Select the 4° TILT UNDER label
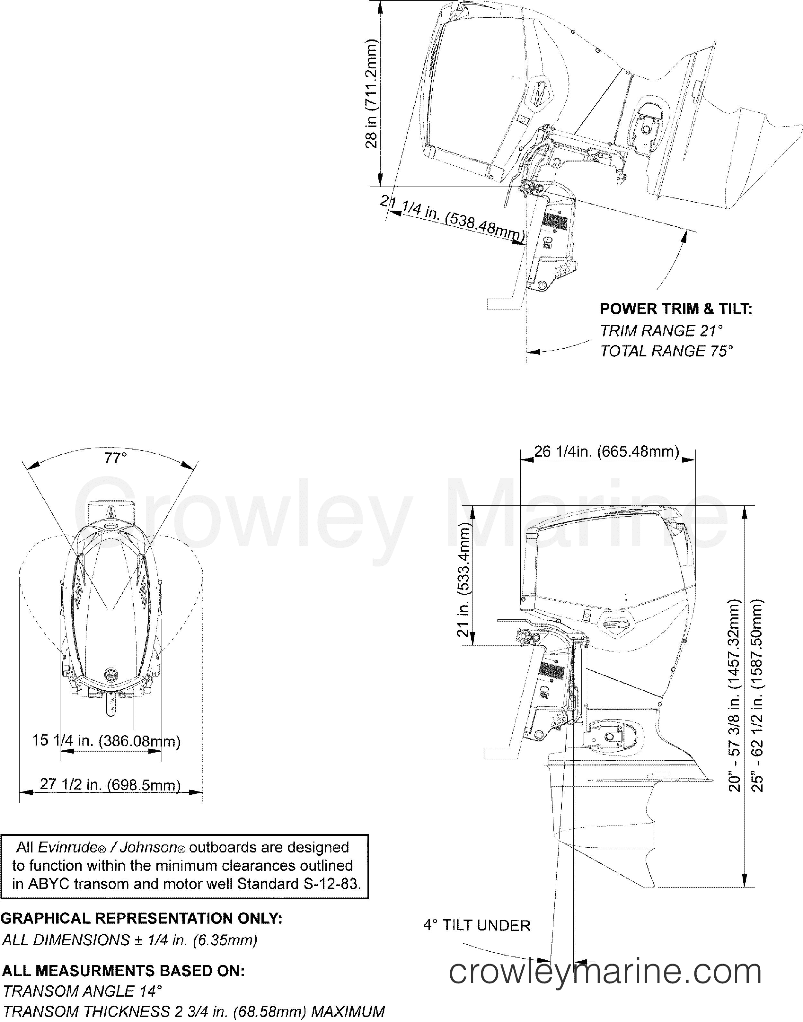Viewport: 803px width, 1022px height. click(477, 926)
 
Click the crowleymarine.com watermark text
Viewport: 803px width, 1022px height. click(605, 972)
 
